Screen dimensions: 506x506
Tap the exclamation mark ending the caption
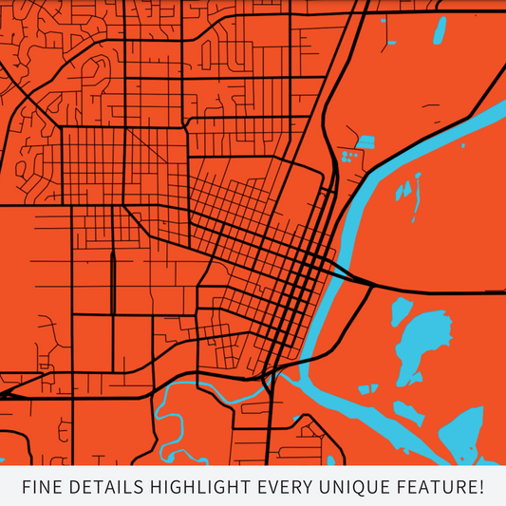pos(480,488)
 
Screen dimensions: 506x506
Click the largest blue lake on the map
pos(419,341)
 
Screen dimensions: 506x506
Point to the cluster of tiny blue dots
pos(347,153)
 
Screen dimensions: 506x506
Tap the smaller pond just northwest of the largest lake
pos(401,309)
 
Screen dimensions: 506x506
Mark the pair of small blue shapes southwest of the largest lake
pos(366,388)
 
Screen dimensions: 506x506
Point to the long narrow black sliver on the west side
pos(112,282)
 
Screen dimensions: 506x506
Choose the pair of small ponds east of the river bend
pos(405,190)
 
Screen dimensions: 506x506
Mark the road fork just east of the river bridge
pos(372,282)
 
